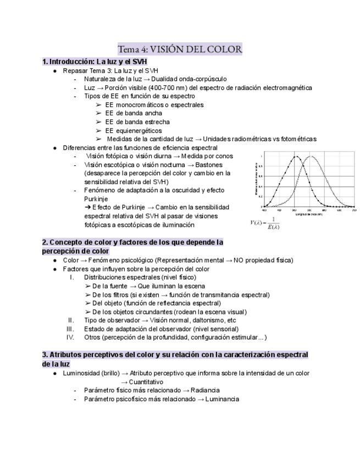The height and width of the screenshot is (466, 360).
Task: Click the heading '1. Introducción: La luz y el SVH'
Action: [x=95, y=62]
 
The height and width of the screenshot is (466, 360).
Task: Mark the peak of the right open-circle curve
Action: [x=311, y=157]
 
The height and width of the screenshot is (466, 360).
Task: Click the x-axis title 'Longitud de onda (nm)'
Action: [x=308, y=214]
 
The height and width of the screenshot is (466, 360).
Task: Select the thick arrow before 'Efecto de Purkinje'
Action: [x=87, y=207]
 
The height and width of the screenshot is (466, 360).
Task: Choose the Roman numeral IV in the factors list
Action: [x=70, y=337]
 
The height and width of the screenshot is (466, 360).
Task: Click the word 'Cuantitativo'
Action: [x=146, y=381]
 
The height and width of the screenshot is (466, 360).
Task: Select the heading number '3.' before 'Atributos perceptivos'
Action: [x=46, y=355]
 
